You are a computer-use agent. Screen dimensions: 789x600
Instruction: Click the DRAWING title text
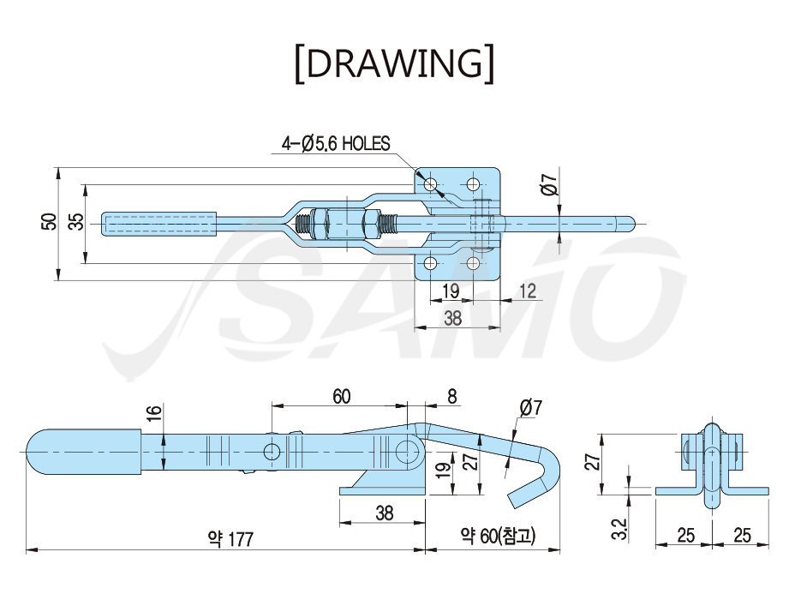click(x=394, y=64)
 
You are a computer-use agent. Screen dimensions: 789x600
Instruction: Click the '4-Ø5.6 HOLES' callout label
click(x=336, y=144)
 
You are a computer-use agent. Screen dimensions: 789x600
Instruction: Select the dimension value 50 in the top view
click(x=49, y=222)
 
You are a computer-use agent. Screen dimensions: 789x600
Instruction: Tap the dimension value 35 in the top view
click(x=76, y=222)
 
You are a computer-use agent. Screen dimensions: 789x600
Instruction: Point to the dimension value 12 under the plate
click(x=527, y=291)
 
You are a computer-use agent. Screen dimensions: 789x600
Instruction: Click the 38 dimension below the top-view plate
click(x=452, y=318)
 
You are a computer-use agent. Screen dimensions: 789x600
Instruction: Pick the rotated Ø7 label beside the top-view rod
click(x=551, y=183)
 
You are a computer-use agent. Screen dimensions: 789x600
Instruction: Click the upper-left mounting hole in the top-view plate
click(x=430, y=184)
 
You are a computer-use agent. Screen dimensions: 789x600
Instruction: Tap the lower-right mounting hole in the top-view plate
click(x=473, y=263)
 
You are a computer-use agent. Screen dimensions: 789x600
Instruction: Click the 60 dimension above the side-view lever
click(x=341, y=397)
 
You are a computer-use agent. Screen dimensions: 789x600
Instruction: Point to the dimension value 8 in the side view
click(x=451, y=397)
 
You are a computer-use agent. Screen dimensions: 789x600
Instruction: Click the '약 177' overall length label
click(x=230, y=539)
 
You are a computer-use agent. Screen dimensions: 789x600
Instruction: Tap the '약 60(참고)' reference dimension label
click(x=497, y=536)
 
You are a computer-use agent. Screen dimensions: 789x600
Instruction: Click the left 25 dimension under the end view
click(x=686, y=535)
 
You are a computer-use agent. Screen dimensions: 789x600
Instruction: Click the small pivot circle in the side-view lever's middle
click(x=272, y=452)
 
